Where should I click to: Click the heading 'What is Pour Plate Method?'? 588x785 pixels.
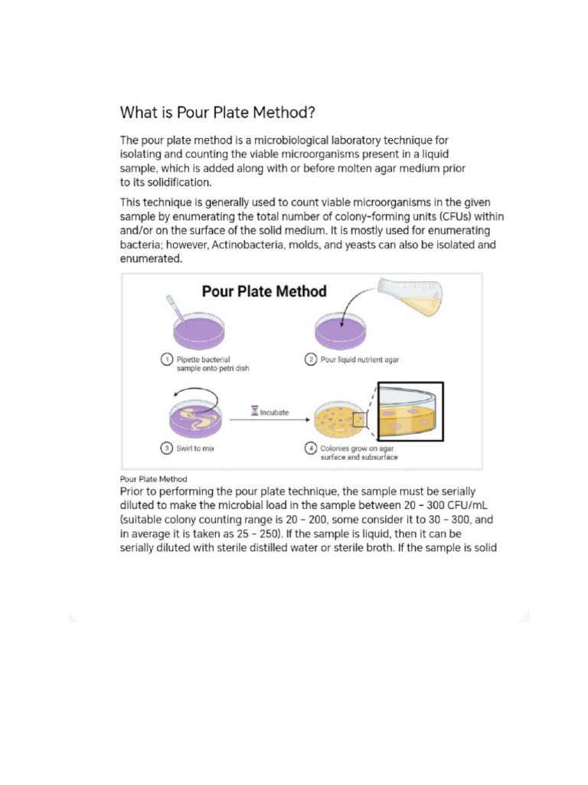(x=217, y=113)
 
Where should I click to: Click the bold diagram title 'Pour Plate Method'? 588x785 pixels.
(x=263, y=291)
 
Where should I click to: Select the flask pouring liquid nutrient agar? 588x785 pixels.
(x=412, y=297)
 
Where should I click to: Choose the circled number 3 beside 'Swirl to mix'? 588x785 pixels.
(x=166, y=448)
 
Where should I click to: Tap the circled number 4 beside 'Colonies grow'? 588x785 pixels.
(x=310, y=448)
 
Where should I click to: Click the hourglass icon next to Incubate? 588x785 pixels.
(x=254, y=412)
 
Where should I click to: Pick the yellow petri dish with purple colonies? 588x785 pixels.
(x=341, y=420)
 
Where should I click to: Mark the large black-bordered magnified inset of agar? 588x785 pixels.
(x=410, y=411)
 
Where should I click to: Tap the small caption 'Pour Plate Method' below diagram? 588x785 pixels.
(x=153, y=479)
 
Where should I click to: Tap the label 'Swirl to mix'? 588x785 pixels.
(x=195, y=448)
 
